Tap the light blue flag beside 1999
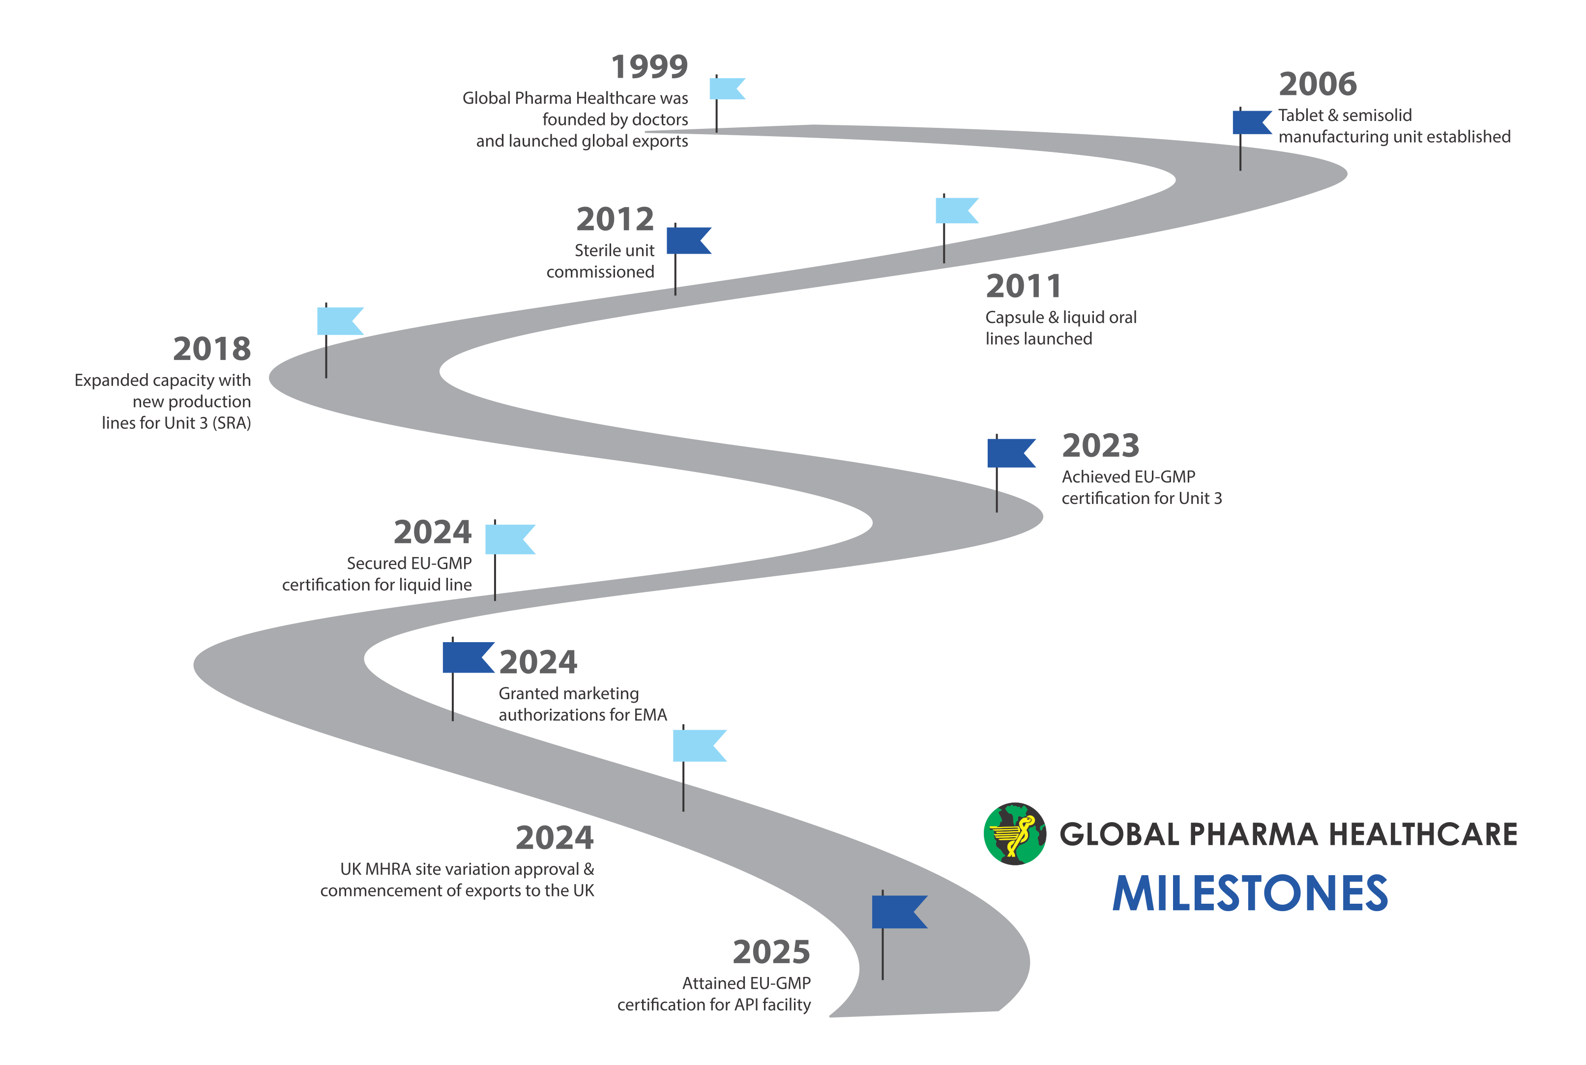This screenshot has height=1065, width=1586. tap(727, 89)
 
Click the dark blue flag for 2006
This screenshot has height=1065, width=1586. tap(1251, 122)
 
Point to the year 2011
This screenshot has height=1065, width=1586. tap(1023, 286)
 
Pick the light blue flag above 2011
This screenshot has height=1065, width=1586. tap(955, 210)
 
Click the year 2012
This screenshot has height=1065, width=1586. tap(615, 219)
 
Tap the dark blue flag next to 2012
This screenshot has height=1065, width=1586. tap(688, 240)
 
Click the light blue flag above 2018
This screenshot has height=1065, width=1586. tap(339, 321)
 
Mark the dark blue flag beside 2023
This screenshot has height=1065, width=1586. tap(1010, 453)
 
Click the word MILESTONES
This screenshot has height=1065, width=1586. tap(1249, 893)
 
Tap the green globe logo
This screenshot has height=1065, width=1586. tap(1014, 833)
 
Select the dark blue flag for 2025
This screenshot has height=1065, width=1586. tap(898, 912)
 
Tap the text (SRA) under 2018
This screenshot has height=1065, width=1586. tap(232, 423)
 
